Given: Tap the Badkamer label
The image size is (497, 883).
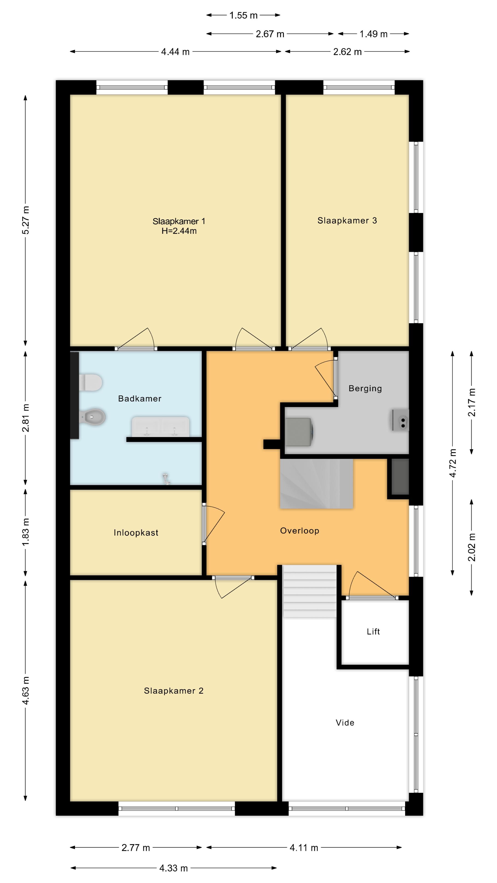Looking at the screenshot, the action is (x=140, y=398).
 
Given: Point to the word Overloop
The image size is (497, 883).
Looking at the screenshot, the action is (x=299, y=531).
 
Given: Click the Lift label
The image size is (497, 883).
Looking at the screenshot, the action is (x=373, y=631).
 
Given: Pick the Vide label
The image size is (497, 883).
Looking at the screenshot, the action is (x=345, y=722).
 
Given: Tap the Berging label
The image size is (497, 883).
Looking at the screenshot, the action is (x=365, y=388).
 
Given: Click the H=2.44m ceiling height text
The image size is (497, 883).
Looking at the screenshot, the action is (x=179, y=231).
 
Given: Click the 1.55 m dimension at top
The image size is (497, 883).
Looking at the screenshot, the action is (x=243, y=15).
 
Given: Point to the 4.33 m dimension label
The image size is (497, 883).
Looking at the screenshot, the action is (x=173, y=868).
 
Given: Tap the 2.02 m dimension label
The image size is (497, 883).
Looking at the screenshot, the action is (x=472, y=547).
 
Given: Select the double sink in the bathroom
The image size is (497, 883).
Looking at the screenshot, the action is (x=161, y=427).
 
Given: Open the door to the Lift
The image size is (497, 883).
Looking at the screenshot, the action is (x=372, y=586).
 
